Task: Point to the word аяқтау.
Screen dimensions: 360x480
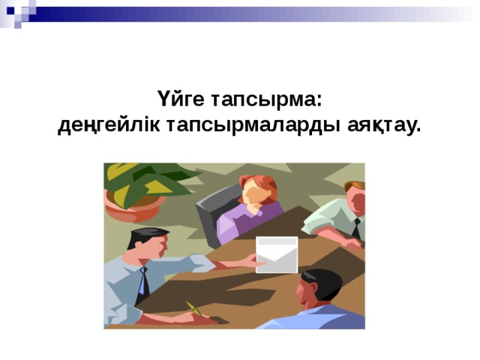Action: pos(384,124)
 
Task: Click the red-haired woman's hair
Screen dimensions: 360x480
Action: pos(256,183)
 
